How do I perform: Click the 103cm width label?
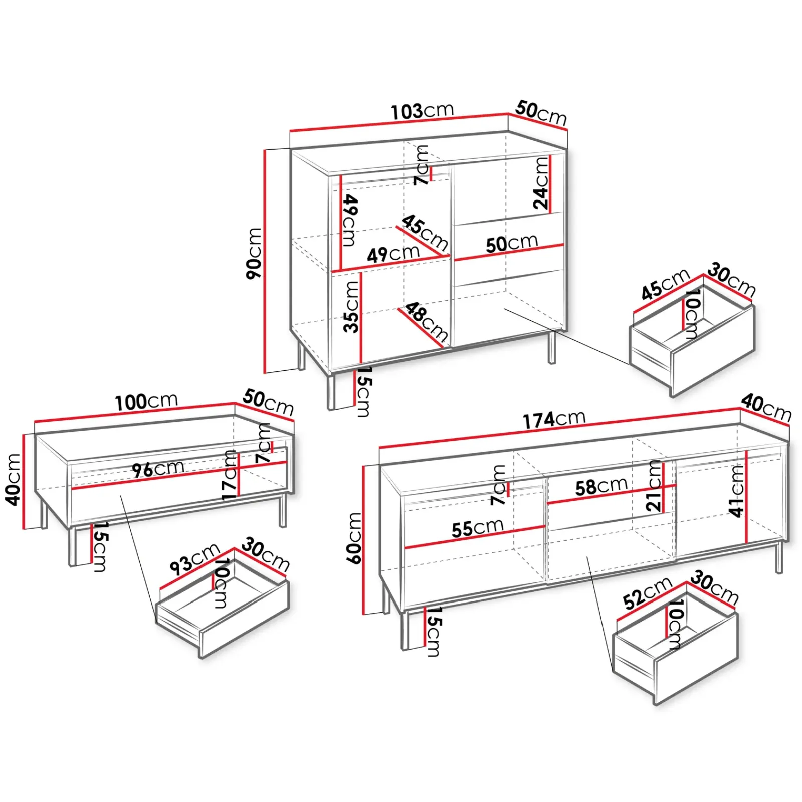[422, 111]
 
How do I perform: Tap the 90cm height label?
[254, 253]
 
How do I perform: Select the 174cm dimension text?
[554, 419]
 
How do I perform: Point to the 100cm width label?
[146, 402]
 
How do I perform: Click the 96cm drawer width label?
[158, 469]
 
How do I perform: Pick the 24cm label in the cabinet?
[541, 183]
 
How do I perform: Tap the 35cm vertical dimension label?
[352, 307]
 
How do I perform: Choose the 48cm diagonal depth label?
[426, 321]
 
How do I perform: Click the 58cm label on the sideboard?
[601, 486]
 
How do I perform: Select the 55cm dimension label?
[477, 528]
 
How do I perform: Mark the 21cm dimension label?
[654, 486]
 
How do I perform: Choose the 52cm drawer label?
[647, 593]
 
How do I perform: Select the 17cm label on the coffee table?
[229, 475]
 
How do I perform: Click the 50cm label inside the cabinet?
[511, 244]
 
